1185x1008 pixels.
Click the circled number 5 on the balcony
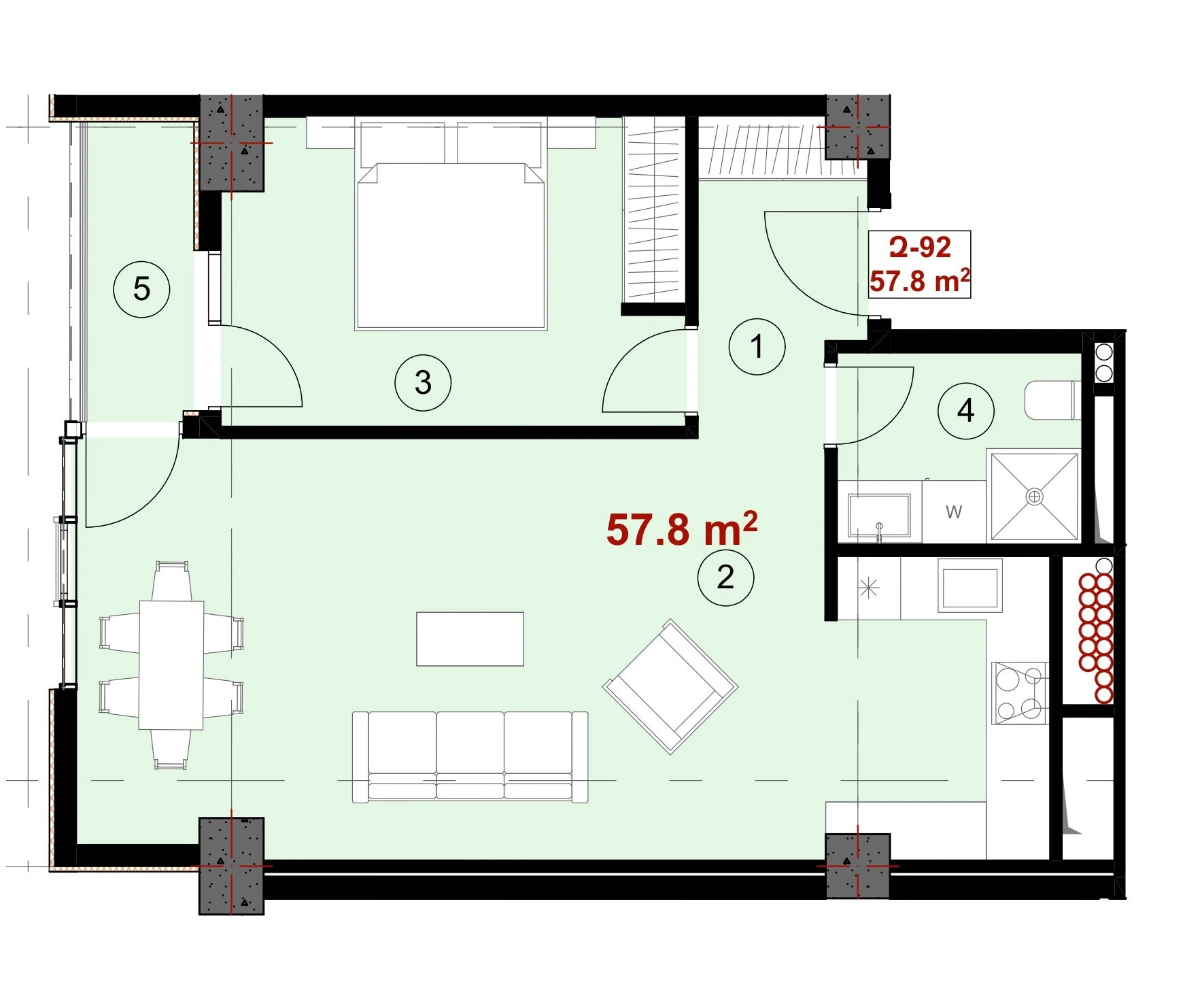[141, 289]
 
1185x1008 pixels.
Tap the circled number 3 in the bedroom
[423, 383]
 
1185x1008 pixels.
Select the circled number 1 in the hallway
[757, 346]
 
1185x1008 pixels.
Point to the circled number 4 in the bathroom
[965, 411]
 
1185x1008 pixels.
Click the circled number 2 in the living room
[725, 577]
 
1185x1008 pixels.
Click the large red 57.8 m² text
[681, 529]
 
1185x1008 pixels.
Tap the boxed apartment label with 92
[920, 265]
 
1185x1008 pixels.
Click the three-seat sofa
[470, 756]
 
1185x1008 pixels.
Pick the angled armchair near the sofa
[670, 686]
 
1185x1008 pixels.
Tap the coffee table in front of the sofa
[470, 639]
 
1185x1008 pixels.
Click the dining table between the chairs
[171, 665]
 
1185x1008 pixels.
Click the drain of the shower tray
[1034, 497]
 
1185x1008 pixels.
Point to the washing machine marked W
[954, 511]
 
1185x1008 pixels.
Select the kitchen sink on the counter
[970, 585]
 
